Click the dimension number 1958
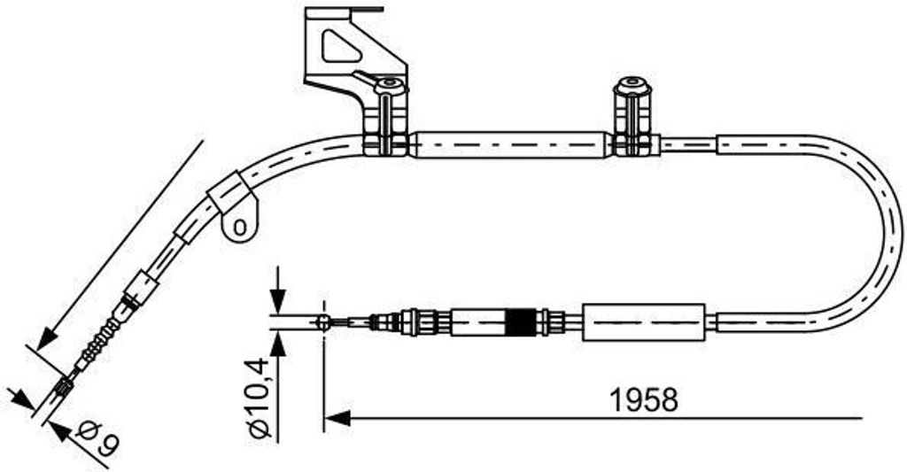click(x=644, y=399)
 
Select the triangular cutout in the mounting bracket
click(x=340, y=46)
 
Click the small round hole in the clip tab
click(x=237, y=227)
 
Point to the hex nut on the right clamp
click(x=631, y=87)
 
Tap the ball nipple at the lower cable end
click(x=324, y=321)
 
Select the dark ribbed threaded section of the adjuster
click(x=521, y=321)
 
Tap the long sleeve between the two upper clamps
click(x=511, y=145)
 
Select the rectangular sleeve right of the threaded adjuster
click(x=643, y=321)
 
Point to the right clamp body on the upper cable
click(x=636, y=128)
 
